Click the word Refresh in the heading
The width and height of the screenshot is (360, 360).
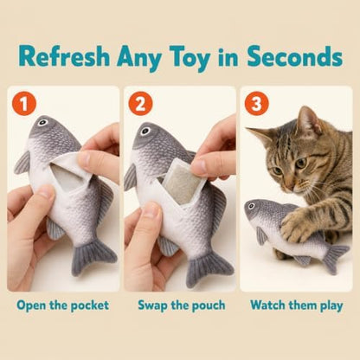pos(65,56)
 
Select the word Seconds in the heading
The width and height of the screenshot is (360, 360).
pos(295,56)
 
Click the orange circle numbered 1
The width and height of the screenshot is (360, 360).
pos(24,104)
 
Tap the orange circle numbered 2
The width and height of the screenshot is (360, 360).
pos(140,104)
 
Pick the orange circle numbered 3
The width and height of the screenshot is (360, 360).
pos(257,104)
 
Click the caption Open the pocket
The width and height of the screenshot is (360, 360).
pos(63,305)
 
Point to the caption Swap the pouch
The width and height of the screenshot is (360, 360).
pos(182,305)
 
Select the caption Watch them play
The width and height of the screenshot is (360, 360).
pos(297,305)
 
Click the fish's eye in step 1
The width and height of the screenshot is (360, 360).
pos(42,122)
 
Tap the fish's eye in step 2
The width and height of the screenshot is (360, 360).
pos(145,132)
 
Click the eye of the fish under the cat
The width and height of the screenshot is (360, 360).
pos(251,206)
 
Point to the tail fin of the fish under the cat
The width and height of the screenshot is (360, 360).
pos(335,258)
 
